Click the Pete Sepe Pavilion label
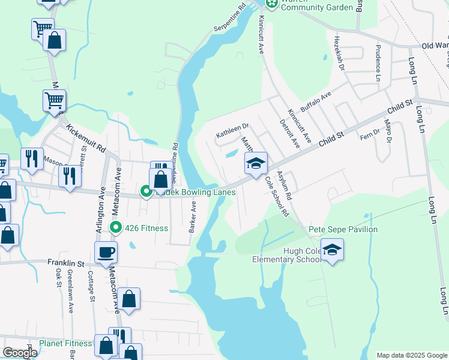343,229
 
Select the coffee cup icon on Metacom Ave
106,252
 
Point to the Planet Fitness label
65,344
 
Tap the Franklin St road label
67,263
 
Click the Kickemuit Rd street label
86,137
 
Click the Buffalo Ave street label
316,98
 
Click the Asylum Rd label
284,185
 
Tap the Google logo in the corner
20,352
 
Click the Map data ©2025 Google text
411,355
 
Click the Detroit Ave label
289,134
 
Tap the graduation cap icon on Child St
256,163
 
